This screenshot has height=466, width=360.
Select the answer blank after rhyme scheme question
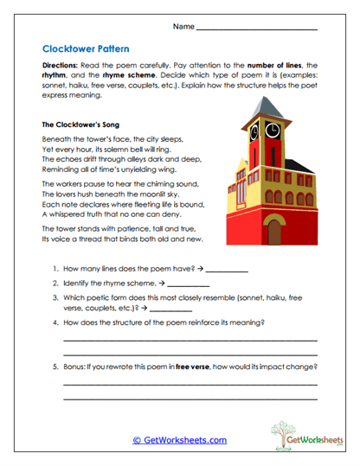188,284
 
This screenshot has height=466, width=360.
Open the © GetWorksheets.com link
179,440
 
